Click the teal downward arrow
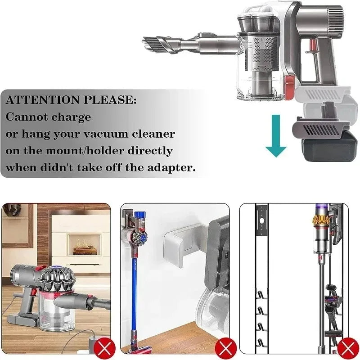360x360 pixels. pyautogui.click(x=276, y=135)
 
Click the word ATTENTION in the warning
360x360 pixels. pyautogui.click(x=43, y=100)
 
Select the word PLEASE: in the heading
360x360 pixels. pyautogui.click(x=110, y=100)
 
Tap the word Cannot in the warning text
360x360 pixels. pyautogui.click(x=27, y=117)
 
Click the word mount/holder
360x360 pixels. pyautogui.click(x=85, y=151)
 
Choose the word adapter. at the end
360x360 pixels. pyautogui.click(x=171, y=168)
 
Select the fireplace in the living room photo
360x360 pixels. pyautogui.click(x=85, y=245)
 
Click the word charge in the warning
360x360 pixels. pyautogui.click(x=71, y=117)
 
